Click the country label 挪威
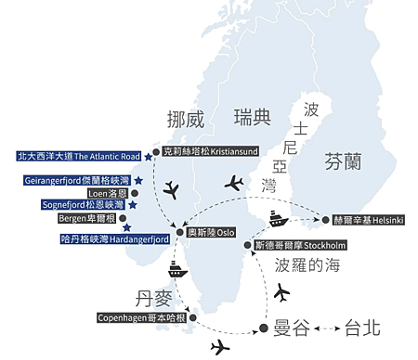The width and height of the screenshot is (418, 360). pos(184,120)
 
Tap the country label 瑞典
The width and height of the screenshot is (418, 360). pos(253,117)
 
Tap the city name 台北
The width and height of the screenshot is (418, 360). pos(363,328)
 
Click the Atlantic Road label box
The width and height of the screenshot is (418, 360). pos(78,157)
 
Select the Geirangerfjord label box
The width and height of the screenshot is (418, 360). pos(76,180)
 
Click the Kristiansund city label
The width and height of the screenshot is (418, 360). pos(208,150)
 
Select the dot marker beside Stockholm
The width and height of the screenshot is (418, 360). pos(245,245)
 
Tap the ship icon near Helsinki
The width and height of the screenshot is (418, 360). pos(279,220)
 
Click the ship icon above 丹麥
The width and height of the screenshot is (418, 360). pos(177,270)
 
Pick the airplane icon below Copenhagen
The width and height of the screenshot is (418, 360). pos(220,348)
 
